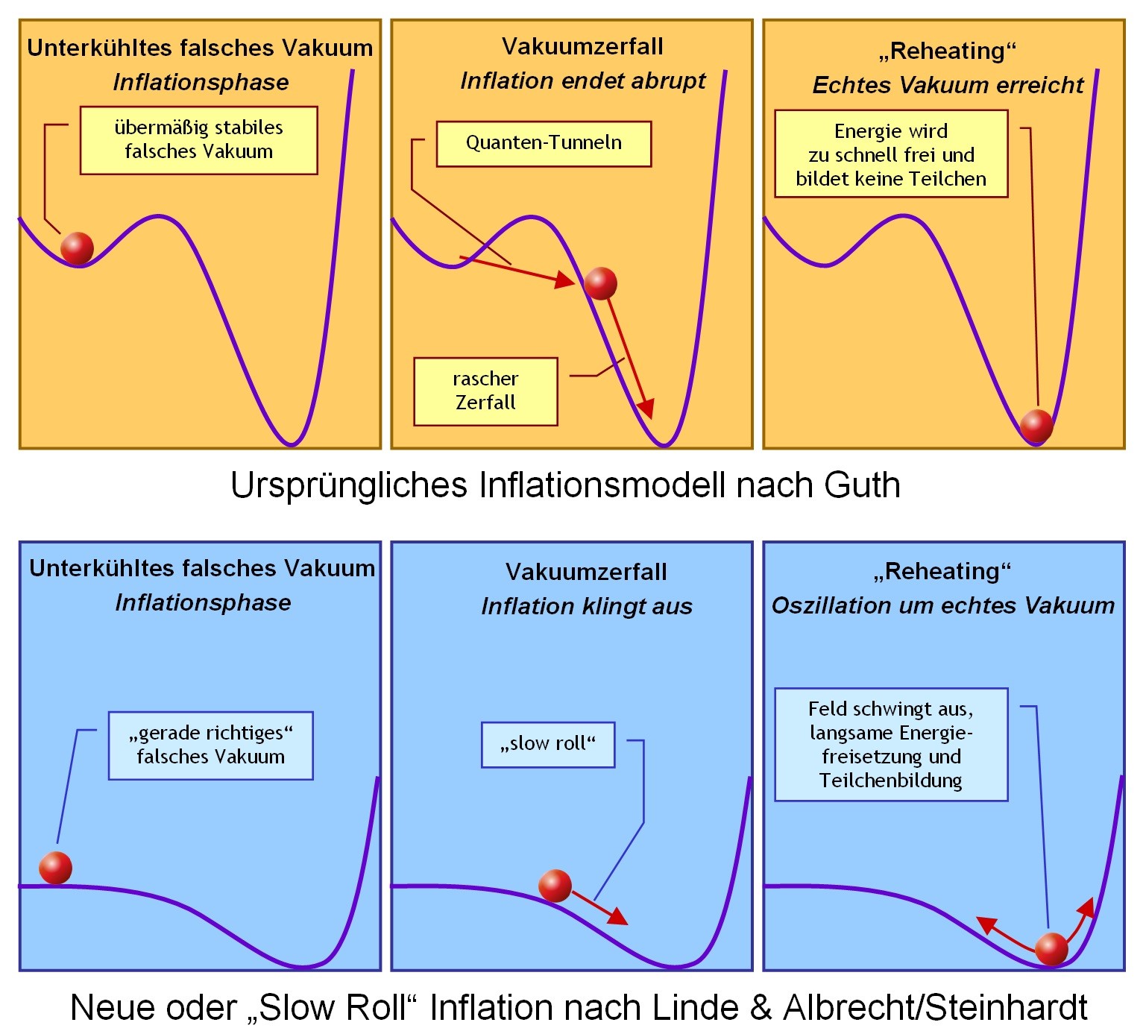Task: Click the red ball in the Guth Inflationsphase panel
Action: click(77, 248)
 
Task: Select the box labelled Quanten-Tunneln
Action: click(544, 143)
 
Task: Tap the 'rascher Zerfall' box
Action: click(485, 391)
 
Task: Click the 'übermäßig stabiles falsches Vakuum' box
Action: click(198, 140)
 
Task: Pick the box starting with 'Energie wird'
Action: click(891, 154)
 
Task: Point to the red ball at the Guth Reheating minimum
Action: click(1036, 426)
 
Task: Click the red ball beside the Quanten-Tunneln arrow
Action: click(600, 283)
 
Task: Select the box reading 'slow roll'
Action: click(548, 744)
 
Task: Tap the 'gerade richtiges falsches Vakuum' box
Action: click(211, 745)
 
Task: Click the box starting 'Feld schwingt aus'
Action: click(891, 745)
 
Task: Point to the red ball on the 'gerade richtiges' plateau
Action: click(55, 868)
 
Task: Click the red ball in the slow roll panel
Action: click(555, 886)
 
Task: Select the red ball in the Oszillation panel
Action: click(1051, 949)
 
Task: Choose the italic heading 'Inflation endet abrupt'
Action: click(582, 81)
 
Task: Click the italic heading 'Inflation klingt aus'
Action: click(587, 606)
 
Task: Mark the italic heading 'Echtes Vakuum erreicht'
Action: click(948, 85)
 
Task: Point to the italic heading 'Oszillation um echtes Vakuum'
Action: click(942, 605)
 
